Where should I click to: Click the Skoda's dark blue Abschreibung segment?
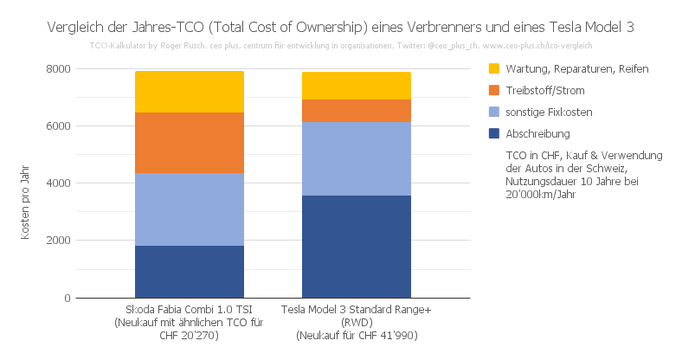189,272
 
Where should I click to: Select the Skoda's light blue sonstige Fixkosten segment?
189,209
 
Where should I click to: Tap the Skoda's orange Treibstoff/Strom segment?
189,143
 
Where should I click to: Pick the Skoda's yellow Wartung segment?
189,92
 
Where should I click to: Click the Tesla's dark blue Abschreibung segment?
356,247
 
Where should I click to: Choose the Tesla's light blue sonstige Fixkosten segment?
356,159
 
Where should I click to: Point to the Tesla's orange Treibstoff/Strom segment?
356,111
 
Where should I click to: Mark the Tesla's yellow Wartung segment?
356,86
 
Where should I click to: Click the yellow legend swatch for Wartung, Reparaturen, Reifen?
494,68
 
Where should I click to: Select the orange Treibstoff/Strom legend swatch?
494,90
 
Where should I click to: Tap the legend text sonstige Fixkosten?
549,112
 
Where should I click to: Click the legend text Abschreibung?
537,134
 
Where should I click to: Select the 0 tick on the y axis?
66,299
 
